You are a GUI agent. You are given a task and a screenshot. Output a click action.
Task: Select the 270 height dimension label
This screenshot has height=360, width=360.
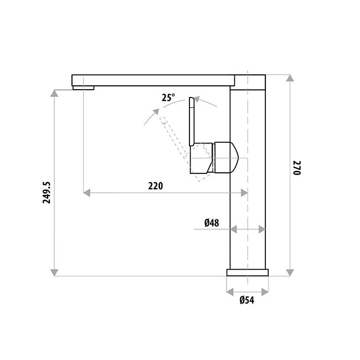point(296,168)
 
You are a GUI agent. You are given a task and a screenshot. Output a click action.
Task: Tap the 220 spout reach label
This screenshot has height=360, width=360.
point(156,186)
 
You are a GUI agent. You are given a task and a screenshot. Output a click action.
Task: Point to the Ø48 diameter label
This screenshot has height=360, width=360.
point(212,223)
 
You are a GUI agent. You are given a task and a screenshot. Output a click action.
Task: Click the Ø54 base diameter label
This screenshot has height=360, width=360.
point(246,300)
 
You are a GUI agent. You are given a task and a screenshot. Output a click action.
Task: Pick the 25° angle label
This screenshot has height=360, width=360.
point(168,97)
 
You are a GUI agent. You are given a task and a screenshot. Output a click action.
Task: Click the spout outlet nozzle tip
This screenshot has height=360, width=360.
point(83,87)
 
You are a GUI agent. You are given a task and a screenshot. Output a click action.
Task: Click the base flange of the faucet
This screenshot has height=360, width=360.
point(248,272)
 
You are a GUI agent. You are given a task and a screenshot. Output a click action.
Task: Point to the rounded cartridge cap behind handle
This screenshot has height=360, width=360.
point(226,157)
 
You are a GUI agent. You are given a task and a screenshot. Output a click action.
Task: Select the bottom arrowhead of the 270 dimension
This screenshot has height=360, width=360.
point(289,272)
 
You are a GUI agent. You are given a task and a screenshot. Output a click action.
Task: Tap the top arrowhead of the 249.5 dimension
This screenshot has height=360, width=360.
point(54,94)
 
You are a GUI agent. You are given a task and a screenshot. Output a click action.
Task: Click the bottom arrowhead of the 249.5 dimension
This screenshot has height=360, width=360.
point(54,272)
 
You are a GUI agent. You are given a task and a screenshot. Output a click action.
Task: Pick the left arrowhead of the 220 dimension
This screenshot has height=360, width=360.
point(86,193)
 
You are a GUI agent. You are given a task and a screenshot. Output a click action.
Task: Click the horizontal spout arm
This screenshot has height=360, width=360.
point(155,80)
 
